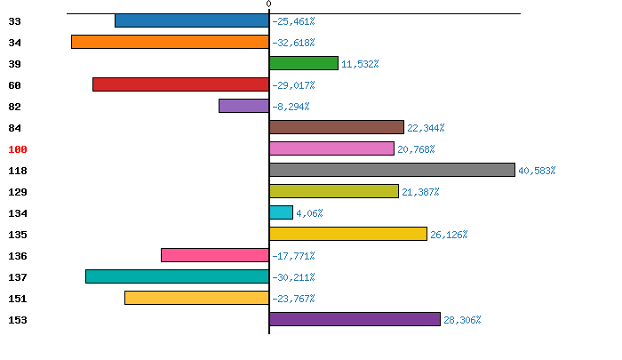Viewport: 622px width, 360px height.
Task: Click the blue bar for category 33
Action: coord(192,20)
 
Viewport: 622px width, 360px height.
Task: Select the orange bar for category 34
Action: coord(170,42)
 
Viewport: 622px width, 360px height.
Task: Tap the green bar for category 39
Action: coord(304,63)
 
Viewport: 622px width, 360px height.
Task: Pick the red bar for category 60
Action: coord(180,84)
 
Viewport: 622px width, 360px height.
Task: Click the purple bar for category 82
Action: coord(243,106)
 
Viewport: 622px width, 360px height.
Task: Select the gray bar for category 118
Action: coord(392,170)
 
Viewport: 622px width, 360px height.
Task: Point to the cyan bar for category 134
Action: coord(281,212)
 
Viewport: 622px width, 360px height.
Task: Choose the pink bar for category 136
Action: coord(215,255)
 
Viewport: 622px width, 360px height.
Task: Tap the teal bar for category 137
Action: coord(177,276)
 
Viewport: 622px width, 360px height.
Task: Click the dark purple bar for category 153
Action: coord(355,319)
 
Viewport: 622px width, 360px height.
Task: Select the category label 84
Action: coord(15,128)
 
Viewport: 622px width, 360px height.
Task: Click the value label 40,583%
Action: coord(537,171)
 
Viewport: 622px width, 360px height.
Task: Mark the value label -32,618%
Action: coord(293,43)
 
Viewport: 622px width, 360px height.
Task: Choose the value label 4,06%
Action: coord(309,213)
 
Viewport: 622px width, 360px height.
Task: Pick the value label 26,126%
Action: coord(449,235)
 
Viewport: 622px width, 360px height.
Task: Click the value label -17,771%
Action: coord(293,256)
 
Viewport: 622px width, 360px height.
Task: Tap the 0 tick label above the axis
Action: coord(268,4)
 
